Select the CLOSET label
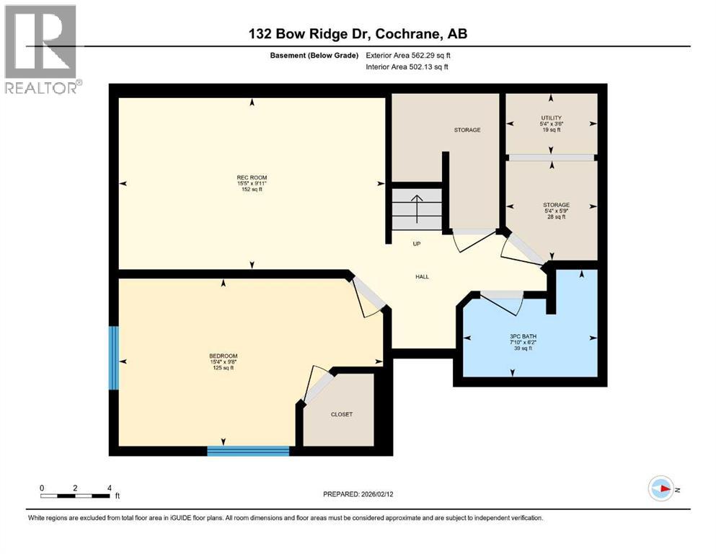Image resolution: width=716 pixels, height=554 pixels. tap(341, 415)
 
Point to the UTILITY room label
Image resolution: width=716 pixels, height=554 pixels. tap(552, 118)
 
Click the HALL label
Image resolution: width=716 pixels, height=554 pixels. tap(422, 276)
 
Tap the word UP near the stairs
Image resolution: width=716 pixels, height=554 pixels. tap(416, 244)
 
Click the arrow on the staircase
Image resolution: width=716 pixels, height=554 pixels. tap(416, 203)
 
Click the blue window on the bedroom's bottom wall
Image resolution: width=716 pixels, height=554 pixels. tap(248, 452)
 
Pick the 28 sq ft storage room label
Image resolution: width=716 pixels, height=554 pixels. tap(556, 211)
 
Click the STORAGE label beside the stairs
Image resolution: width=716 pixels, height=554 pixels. tap(467, 130)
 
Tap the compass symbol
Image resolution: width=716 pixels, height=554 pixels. tap(660, 488)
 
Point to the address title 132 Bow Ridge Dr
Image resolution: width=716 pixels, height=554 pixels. tap(358, 34)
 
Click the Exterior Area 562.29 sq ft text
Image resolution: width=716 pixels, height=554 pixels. tap(408, 56)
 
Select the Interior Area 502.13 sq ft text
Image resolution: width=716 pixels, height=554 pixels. tap(407, 67)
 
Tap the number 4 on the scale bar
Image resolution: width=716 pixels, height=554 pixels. tap(109, 488)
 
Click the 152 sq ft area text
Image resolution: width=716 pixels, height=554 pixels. tap(247, 190)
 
